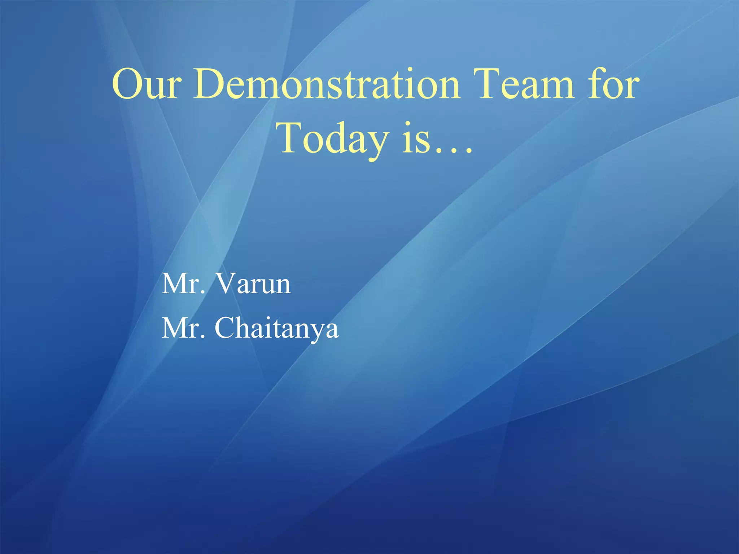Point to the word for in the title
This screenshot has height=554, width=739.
(x=614, y=85)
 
